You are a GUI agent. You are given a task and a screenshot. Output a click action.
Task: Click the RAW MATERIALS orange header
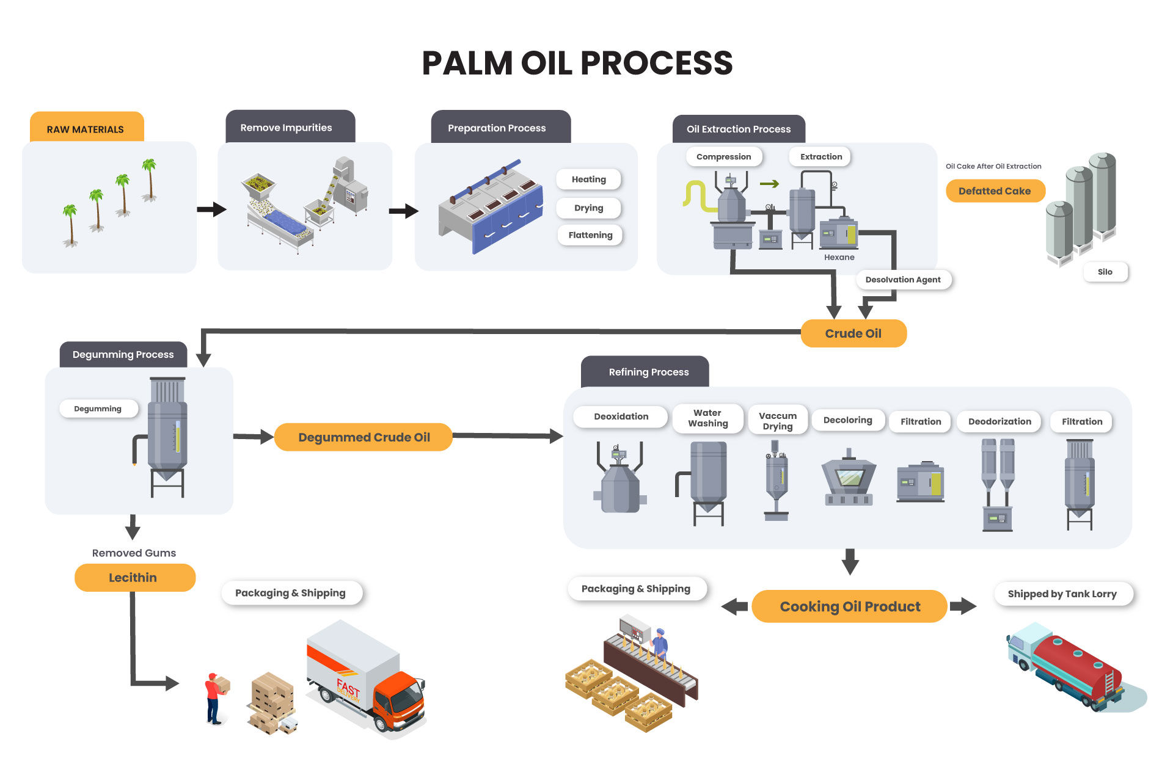pyautogui.click(x=86, y=128)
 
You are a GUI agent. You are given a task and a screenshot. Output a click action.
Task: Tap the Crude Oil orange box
pyautogui.click(x=853, y=333)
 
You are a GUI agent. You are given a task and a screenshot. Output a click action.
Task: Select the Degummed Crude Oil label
pyautogui.click(x=364, y=437)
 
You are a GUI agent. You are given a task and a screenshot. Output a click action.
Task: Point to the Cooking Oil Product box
pyautogui.click(x=849, y=606)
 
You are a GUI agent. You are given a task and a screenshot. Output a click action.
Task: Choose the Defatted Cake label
pyautogui.click(x=995, y=191)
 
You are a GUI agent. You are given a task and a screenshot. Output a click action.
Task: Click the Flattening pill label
pyautogui.click(x=590, y=235)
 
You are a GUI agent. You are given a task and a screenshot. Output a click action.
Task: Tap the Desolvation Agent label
pyautogui.click(x=903, y=280)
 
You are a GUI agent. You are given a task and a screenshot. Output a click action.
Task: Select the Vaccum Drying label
pyautogui.click(x=778, y=421)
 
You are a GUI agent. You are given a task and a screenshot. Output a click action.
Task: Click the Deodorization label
pyautogui.click(x=999, y=421)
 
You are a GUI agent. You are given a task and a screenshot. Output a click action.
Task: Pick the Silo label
pyautogui.click(x=1105, y=272)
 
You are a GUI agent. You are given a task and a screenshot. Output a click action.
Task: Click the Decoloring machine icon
pyautogui.click(x=849, y=479)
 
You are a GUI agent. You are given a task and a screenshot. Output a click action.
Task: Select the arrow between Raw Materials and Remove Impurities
pyautogui.click(x=211, y=209)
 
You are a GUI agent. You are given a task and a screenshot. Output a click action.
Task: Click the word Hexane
pyautogui.click(x=839, y=257)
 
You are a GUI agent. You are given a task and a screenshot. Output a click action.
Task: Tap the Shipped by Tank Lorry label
pyautogui.click(x=1062, y=594)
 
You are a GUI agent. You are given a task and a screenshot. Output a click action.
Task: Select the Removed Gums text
pyautogui.click(x=134, y=553)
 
